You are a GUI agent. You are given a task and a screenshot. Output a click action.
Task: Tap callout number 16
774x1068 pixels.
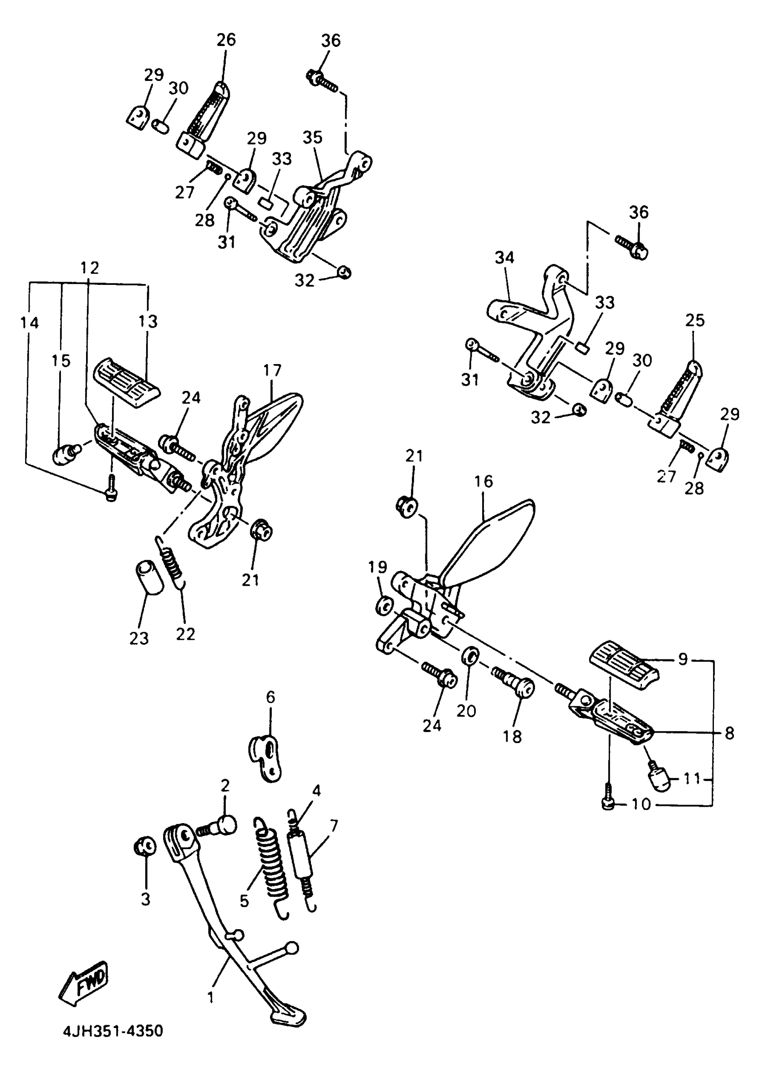point(484,481)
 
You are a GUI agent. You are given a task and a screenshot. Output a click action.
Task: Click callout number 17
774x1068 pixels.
point(272,370)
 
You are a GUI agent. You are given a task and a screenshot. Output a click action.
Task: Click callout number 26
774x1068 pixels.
point(226,40)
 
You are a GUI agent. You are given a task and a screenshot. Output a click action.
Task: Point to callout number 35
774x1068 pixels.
point(312,137)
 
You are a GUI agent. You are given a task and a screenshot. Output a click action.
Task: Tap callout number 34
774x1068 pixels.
point(504,258)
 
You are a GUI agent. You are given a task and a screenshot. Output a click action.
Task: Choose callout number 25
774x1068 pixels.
point(695,321)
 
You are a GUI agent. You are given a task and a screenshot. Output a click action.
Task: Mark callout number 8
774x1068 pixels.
point(729,733)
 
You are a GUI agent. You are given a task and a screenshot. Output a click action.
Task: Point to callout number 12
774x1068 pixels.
point(90,268)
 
